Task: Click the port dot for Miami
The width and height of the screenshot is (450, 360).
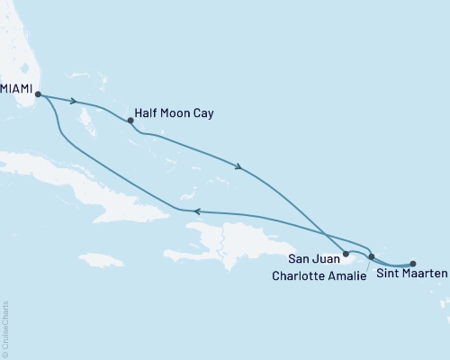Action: (x=38, y=93)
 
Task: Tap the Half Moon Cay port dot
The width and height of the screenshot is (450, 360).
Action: (x=131, y=120)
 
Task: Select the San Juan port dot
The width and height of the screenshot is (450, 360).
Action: (x=346, y=255)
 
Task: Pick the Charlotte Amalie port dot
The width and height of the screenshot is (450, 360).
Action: (x=372, y=257)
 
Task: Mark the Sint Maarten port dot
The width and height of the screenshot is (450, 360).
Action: (x=412, y=264)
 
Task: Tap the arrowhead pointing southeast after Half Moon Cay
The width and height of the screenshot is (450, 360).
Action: (x=238, y=166)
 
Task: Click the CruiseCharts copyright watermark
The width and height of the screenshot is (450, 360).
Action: (x=5, y=329)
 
